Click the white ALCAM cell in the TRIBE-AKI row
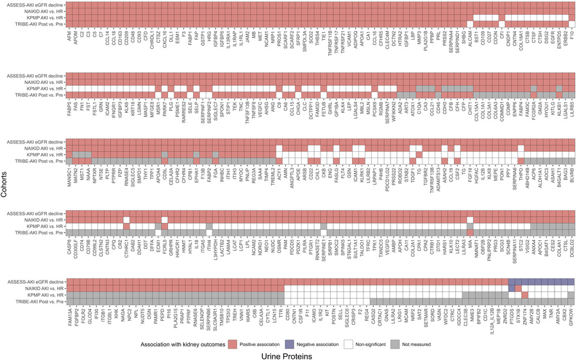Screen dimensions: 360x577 click(x=470, y=24)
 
